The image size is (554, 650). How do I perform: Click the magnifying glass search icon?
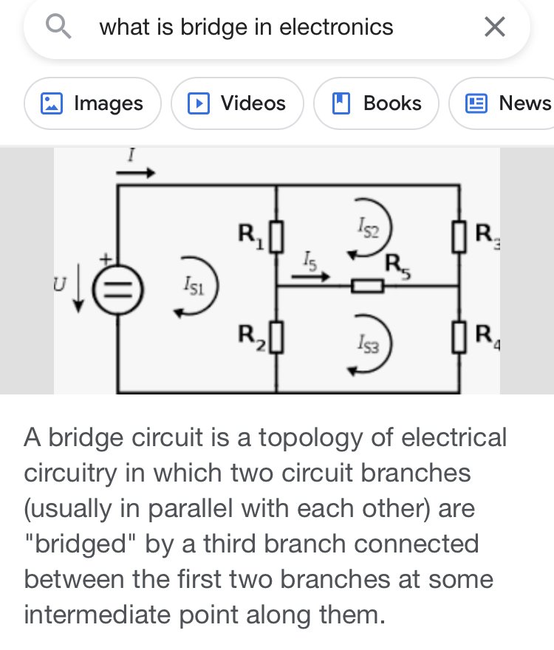[58, 26]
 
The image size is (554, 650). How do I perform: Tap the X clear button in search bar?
[495, 27]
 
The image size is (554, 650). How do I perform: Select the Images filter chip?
[92, 103]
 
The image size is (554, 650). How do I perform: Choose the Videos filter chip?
[237, 103]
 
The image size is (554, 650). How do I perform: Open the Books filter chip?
[377, 103]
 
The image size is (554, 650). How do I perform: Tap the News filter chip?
[502, 103]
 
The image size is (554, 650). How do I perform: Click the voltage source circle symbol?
[117, 289]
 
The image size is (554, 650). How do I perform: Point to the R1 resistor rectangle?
[276, 237]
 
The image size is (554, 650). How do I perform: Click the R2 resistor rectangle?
[276, 337]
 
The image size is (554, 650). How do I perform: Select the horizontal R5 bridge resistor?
[367, 286]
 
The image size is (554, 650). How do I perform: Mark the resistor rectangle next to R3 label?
[459, 237]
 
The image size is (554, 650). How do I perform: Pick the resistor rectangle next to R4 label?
[459, 337]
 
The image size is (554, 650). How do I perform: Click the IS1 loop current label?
[194, 286]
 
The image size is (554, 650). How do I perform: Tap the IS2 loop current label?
[369, 227]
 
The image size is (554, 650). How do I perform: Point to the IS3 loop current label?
[369, 343]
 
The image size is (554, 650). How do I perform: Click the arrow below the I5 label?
[310, 276]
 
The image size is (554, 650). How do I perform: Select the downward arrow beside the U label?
[78, 292]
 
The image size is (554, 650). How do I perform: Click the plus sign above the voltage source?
[106, 260]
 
